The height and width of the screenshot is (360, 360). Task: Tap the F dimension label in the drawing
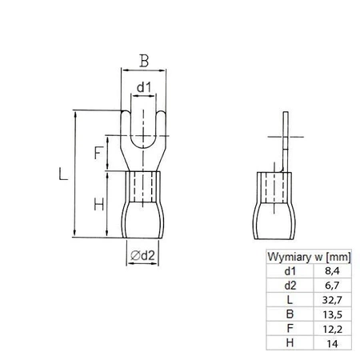pyautogui.click(x=98, y=152)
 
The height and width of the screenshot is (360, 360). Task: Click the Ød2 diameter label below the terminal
pyautogui.click(x=142, y=256)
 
